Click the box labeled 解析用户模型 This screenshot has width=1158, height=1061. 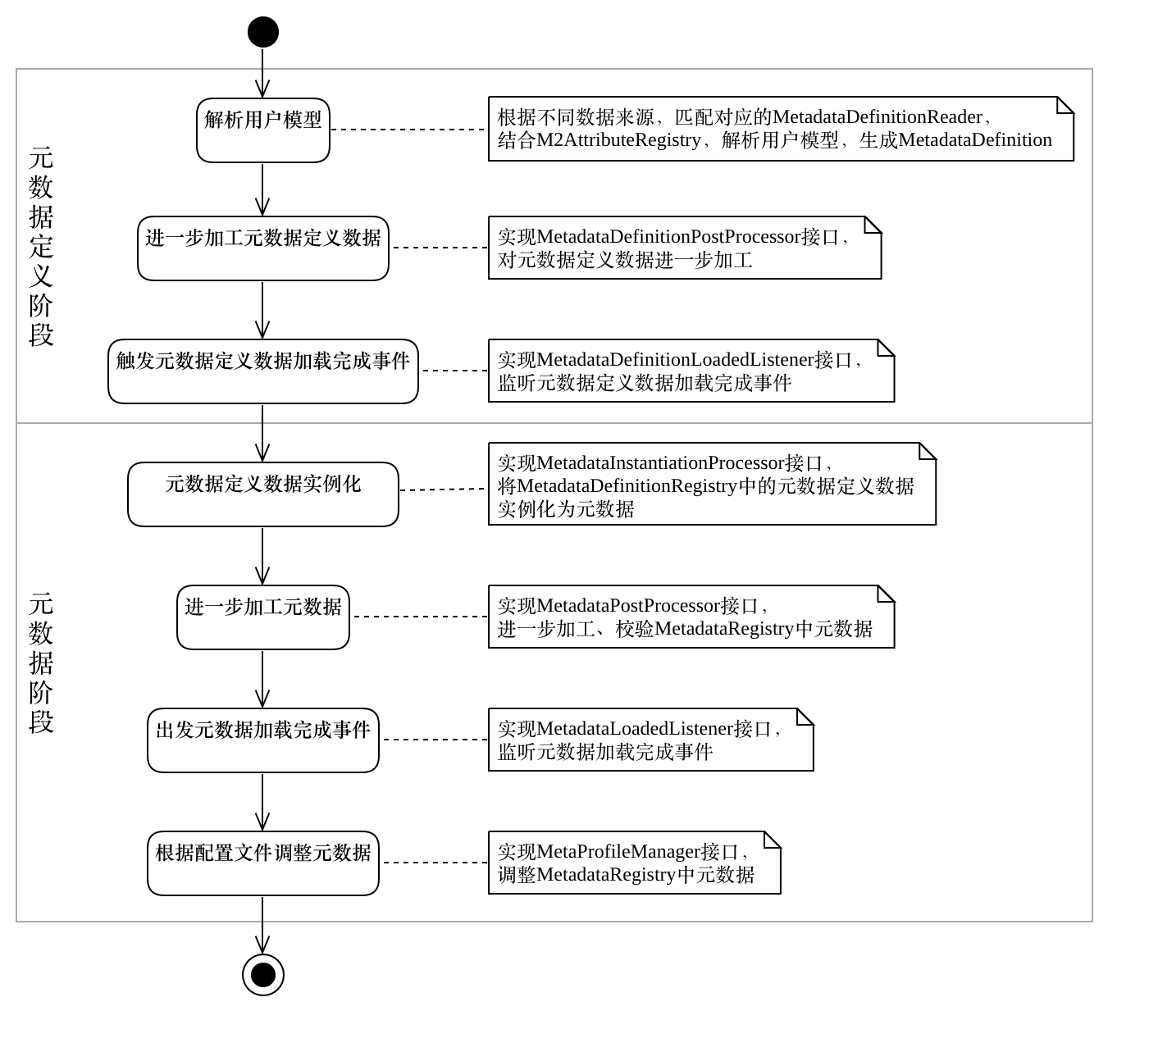[x=262, y=130]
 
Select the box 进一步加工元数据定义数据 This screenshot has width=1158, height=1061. [x=262, y=248]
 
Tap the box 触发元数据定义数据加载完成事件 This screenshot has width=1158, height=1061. [x=262, y=371]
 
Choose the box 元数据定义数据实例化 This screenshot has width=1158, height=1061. [x=262, y=494]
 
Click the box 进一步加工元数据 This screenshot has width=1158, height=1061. [x=262, y=617]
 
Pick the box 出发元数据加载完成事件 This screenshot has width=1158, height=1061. [x=262, y=740]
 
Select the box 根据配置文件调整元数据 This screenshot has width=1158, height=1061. [x=262, y=863]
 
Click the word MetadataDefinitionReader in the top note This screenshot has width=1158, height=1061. [x=877, y=117]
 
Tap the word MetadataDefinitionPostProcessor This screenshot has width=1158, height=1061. [x=668, y=237]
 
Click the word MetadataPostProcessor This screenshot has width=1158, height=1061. [x=627, y=606]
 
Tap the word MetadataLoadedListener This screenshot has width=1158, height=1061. [x=634, y=729]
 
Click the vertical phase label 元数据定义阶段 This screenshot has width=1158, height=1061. [x=41, y=246]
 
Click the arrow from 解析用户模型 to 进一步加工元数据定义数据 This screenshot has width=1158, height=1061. [x=262, y=189]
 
